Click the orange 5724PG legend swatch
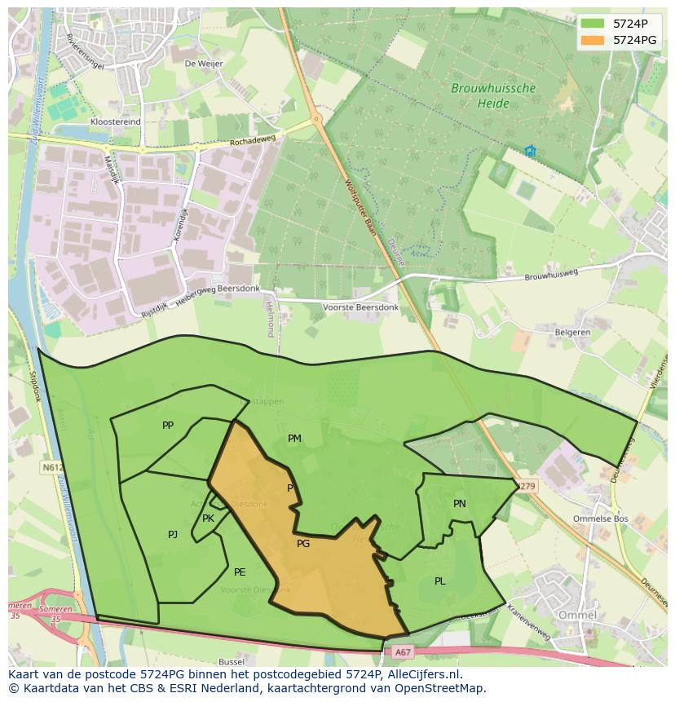[593, 40]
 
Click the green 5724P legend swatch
[593, 24]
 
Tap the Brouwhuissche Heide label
[493, 95]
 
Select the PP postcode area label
[168, 426]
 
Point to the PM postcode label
[294, 439]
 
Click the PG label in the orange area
[303, 544]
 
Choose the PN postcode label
[460, 504]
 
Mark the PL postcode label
[440, 581]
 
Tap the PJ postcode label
[173, 535]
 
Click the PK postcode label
[208, 519]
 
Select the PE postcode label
[240, 572]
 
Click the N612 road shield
[52, 468]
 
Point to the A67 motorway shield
[403, 651]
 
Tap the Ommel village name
[577, 615]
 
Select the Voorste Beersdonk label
[361, 307]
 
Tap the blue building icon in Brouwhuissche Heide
[530, 151]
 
